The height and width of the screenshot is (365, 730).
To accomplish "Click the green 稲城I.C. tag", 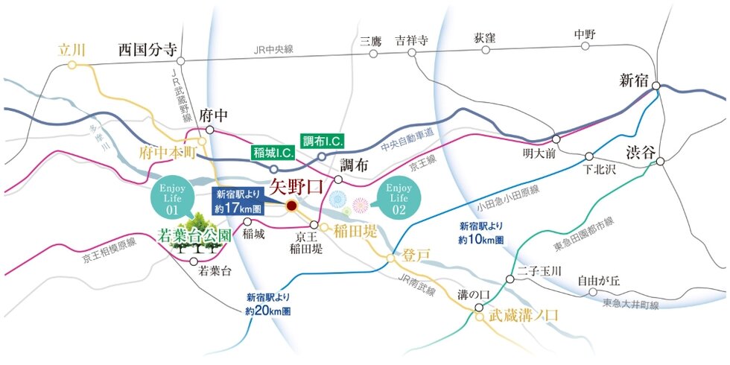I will click(x=273, y=152).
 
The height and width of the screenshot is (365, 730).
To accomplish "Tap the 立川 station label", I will click(x=72, y=51).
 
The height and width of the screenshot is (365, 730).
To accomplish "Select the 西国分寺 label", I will click(x=147, y=51).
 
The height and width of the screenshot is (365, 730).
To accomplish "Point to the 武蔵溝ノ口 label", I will click(x=524, y=315).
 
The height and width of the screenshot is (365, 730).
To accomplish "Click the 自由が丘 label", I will click(x=599, y=281).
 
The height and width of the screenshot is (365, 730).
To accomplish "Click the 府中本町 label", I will click(x=168, y=152).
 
